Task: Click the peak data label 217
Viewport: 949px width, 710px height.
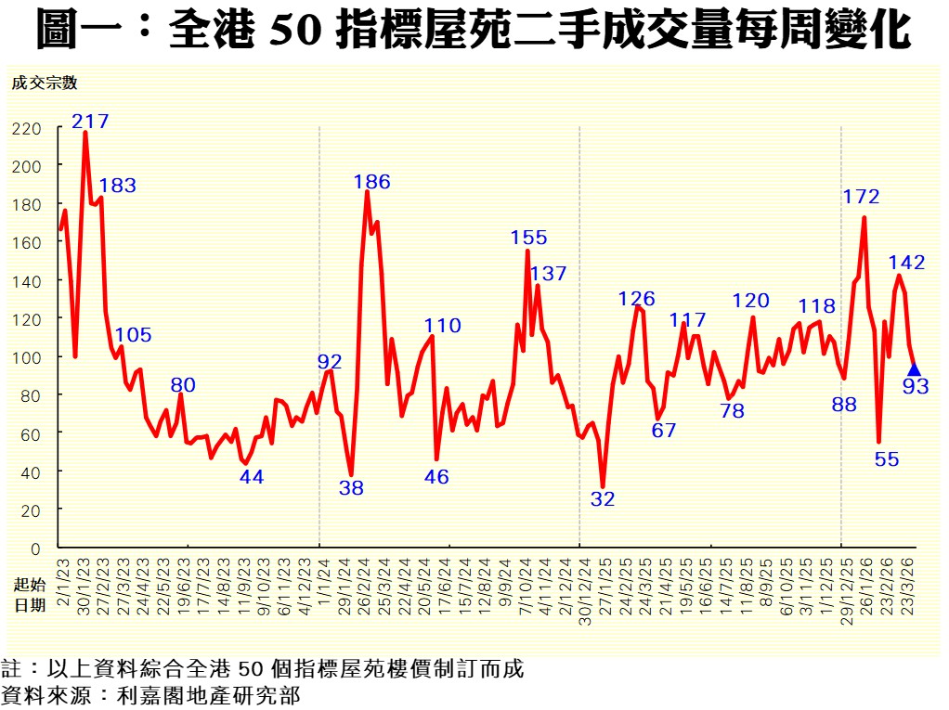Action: pos(90,121)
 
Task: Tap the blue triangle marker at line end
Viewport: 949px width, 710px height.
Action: pos(914,369)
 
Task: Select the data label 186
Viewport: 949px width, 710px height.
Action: pos(371,182)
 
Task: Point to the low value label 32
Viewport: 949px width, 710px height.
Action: pos(603,498)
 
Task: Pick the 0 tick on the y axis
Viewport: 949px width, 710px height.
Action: pos(36,549)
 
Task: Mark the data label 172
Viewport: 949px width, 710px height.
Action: pos(861,196)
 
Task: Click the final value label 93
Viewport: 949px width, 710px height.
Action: pos(916,387)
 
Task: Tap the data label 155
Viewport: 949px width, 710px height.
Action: pos(528,238)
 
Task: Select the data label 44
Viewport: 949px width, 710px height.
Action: pos(252,477)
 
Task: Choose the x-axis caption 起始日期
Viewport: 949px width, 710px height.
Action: pos(29,594)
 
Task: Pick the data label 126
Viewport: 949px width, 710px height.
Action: pos(637,299)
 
